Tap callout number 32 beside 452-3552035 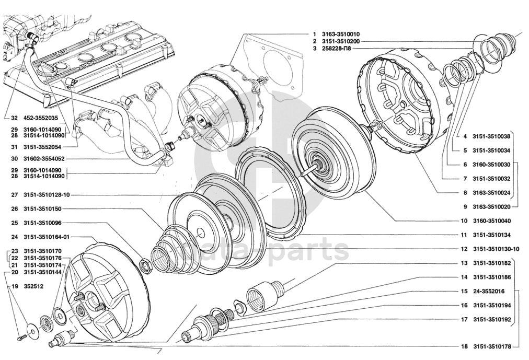click(x=14, y=118)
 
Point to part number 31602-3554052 click(x=44, y=159)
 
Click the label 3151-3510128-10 click(x=47, y=195)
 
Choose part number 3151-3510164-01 click(x=47, y=237)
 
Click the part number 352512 click(x=33, y=286)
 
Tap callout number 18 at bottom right click(x=464, y=346)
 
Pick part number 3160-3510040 click(x=491, y=221)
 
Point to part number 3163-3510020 click(x=491, y=207)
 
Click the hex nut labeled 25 click(x=146, y=264)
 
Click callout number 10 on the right click(x=464, y=221)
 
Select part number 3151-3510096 click(x=42, y=223)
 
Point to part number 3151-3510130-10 click(x=496, y=249)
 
